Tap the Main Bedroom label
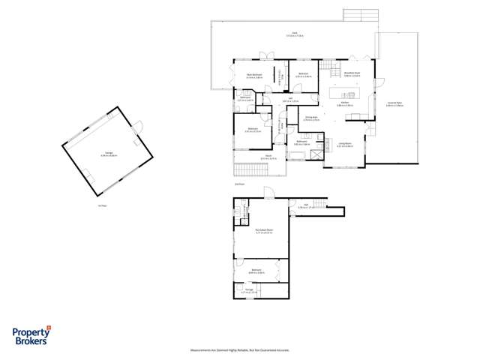tap(254, 75)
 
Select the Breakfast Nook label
tap(352, 74)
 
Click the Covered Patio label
tap(394, 105)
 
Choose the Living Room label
tap(345, 145)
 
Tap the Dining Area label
tap(311, 118)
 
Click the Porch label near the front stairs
tap(268, 157)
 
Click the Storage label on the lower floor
tap(248, 289)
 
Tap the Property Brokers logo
tap(31, 337)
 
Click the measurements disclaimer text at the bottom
tap(239, 349)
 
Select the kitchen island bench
tap(349, 94)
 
